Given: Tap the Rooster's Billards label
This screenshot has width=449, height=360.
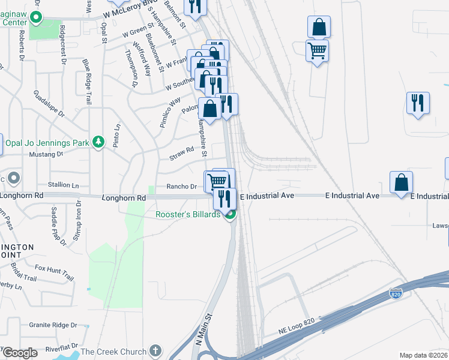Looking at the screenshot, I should [188, 215].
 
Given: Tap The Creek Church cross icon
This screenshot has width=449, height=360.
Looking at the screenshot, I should [155, 350].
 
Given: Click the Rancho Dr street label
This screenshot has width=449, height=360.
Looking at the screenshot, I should [182, 187].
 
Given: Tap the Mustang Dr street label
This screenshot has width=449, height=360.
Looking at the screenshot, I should [47, 154].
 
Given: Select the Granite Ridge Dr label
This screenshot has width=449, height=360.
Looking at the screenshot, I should [53, 325].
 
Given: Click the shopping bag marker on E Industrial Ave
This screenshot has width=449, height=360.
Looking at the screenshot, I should [401, 182].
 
